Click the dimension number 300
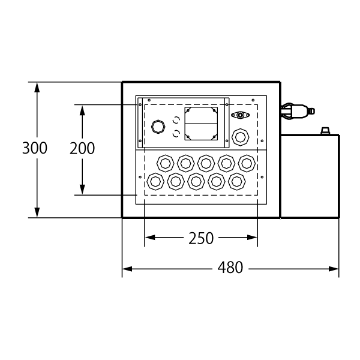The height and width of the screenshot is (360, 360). click(x=35, y=148)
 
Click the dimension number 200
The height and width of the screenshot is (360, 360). click(x=82, y=148)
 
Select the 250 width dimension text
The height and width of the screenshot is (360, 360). click(x=201, y=238)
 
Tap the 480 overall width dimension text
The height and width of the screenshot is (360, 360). click(x=230, y=268)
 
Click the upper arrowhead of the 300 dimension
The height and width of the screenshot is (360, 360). click(x=37, y=87)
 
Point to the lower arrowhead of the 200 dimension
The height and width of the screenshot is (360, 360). click(x=82, y=190)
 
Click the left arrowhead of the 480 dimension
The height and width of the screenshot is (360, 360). click(x=127, y=269)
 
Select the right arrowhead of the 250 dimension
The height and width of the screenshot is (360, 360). click(x=252, y=238)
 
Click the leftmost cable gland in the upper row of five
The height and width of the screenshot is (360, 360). click(x=166, y=163)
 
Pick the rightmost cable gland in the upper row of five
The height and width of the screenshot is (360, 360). click(x=247, y=163)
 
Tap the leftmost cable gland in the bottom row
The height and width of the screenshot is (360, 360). click(x=155, y=182)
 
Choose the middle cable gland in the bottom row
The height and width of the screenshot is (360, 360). click(x=196, y=182)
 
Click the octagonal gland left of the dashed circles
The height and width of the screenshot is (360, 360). click(x=158, y=127)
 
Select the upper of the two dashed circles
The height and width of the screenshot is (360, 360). click(x=176, y=119)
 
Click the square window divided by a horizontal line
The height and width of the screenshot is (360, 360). click(x=201, y=124)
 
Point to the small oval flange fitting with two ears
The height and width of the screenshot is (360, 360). click(x=240, y=115)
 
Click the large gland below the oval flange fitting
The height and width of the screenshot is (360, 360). click(x=241, y=137)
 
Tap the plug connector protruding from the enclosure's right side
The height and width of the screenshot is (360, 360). click(x=298, y=112)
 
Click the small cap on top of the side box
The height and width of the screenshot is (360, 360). click(x=325, y=131)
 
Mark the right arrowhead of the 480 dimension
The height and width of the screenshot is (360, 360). click(x=334, y=269)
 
